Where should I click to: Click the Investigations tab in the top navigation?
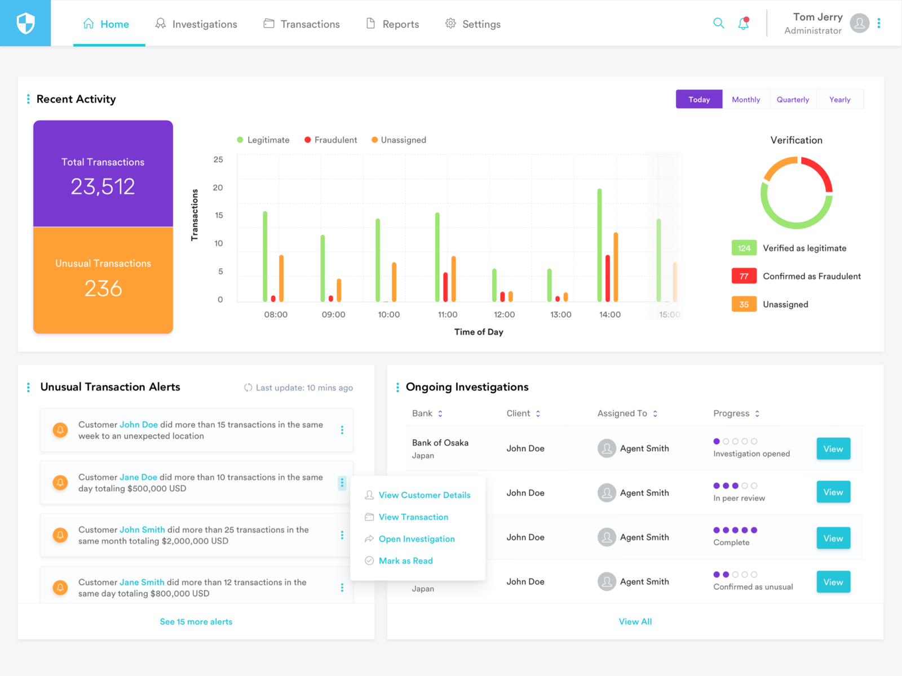[x=197, y=24]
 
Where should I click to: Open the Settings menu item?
[x=473, y=24]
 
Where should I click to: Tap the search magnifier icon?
[x=718, y=23]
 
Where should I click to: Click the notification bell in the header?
[x=744, y=24]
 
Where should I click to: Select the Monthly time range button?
[x=745, y=100]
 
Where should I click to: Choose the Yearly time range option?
[x=839, y=100]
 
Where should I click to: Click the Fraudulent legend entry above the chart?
[x=331, y=140]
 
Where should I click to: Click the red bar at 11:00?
[x=445, y=287]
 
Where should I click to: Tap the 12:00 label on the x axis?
[x=504, y=314]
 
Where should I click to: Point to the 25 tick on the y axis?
[x=218, y=160]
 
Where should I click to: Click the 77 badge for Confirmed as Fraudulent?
[x=744, y=276]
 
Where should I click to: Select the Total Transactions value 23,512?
[x=103, y=186]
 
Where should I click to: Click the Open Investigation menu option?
[x=417, y=539]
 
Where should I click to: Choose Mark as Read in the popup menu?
[x=405, y=561]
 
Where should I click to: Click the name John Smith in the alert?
[x=142, y=530]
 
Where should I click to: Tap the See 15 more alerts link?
[x=196, y=622]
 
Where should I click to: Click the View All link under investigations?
[x=635, y=622]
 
